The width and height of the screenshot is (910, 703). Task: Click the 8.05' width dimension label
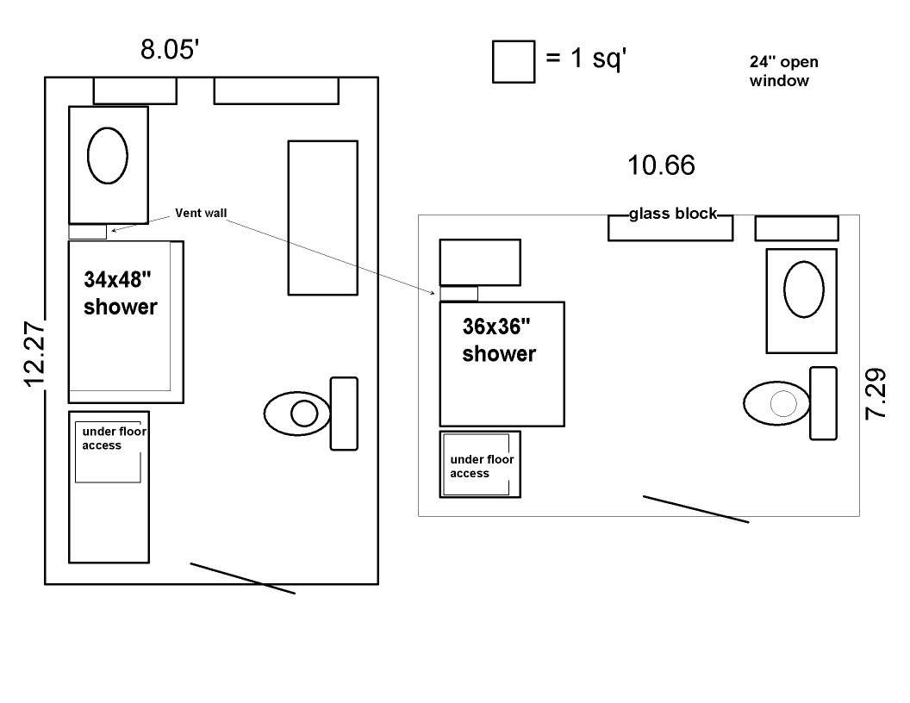170,49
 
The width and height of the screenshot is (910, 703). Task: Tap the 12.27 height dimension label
34,354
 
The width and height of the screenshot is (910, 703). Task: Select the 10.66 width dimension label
661,165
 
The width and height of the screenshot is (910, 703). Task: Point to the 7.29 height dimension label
876,393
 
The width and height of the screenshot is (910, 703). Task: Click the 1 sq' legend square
514,61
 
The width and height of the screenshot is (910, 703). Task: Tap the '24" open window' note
783,71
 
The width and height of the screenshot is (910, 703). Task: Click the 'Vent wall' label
201,213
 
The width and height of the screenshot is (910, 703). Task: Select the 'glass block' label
673,214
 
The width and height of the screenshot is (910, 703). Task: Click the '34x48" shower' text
120,293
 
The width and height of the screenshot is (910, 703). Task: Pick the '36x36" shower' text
499,340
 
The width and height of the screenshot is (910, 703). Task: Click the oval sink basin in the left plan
108,155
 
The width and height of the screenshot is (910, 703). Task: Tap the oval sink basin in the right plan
804,289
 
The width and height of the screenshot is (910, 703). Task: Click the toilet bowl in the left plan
297,414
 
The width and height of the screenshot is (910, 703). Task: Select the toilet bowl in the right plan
777,403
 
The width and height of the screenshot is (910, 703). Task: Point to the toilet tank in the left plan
344,414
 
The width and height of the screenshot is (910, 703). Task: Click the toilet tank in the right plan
824,403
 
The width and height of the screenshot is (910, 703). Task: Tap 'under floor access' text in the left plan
114,438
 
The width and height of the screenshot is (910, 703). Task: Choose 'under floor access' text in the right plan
482,466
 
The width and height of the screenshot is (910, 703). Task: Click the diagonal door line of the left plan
243,578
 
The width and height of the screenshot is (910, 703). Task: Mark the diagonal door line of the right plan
695,509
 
